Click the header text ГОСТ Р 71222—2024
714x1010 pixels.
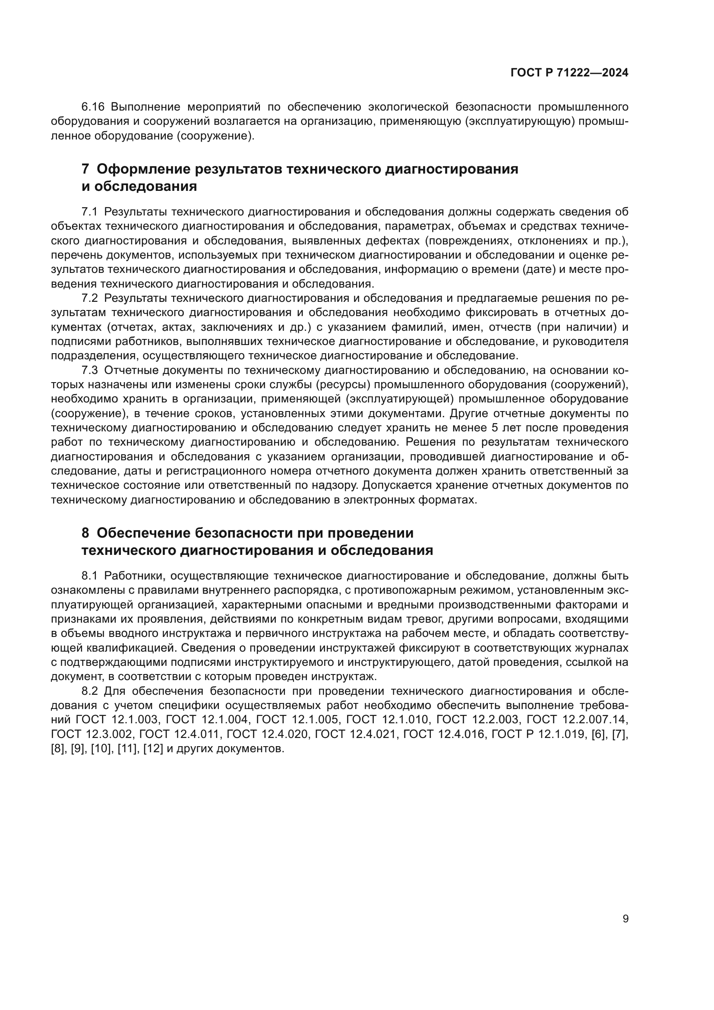pos(569,73)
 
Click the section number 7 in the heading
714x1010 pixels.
pos(85,169)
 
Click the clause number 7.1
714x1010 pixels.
pos(89,212)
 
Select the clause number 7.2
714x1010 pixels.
pos(89,298)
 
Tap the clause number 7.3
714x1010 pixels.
pos(89,370)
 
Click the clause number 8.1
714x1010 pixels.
pos(89,576)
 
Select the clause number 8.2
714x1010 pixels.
pos(89,691)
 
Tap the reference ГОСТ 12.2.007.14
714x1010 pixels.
pos(577,720)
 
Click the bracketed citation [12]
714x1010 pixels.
pos(153,749)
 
